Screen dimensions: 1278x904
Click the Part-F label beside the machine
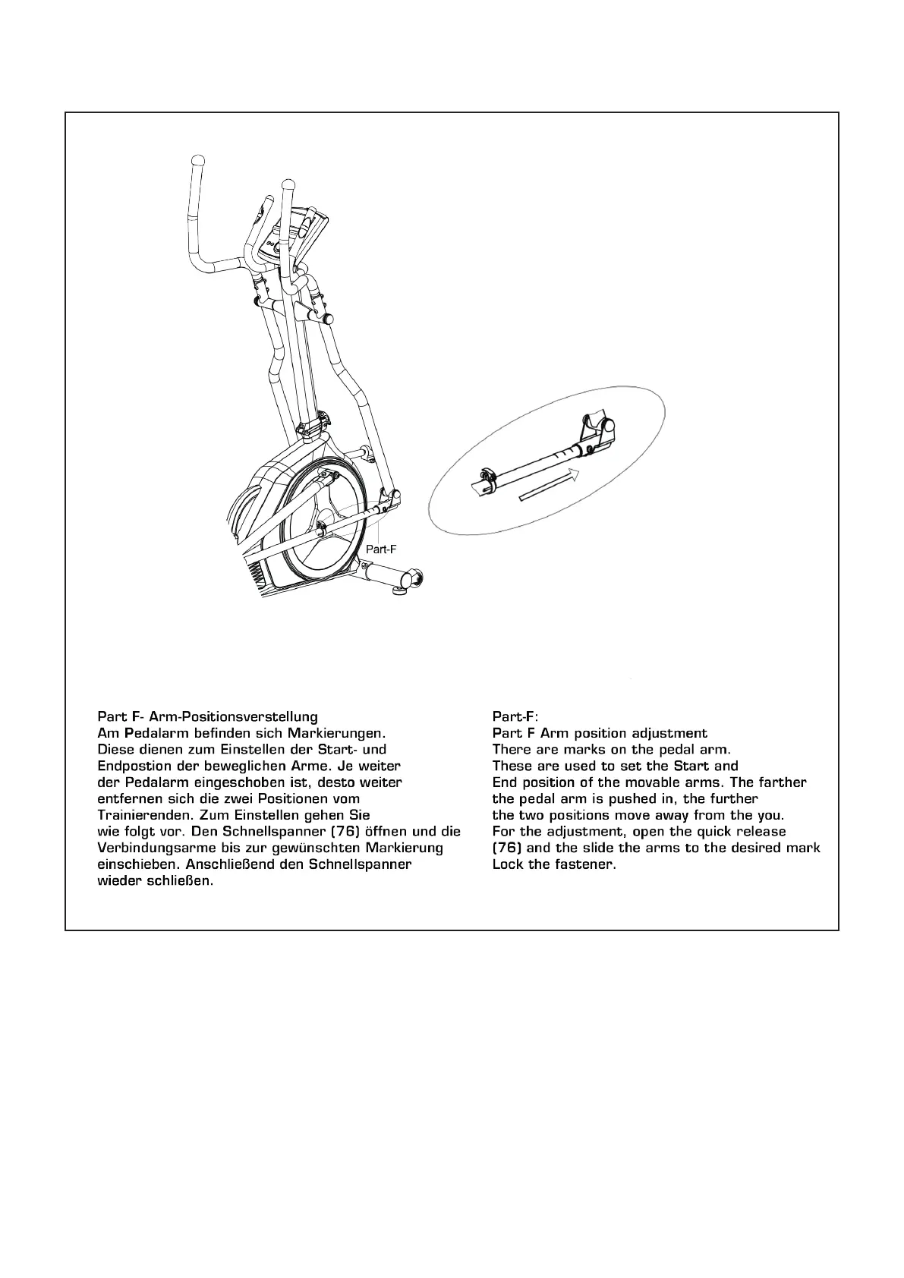point(381,548)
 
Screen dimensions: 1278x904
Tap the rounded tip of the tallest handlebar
point(198,161)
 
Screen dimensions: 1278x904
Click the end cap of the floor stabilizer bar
point(415,581)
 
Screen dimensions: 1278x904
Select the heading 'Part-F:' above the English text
point(515,716)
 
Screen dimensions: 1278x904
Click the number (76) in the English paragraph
point(506,848)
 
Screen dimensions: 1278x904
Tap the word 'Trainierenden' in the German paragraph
point(144,815)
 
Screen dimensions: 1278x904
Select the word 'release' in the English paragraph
point(761,831)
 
